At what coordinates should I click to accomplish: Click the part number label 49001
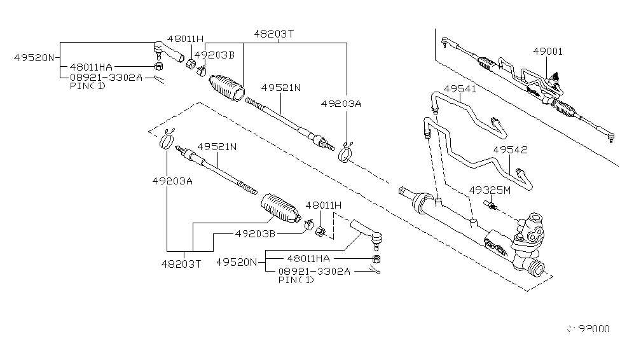click(x=548, y=52)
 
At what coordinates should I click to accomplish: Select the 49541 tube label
click(x=459, y=88)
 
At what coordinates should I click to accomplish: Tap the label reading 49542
click(x=509, y=150)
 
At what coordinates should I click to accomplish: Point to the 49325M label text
click(x=490, y=190)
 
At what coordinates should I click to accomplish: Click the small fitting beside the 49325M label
click(x=491, y=204)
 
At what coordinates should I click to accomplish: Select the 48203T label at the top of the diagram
click(x=275, y=34)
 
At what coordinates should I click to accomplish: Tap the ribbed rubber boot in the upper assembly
click(x=226, y=88)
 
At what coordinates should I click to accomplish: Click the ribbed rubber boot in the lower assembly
click(x=280, y=206)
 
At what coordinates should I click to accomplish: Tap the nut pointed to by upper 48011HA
click(x=158, y=66)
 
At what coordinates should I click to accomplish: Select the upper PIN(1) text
click(x=88, y=85)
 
